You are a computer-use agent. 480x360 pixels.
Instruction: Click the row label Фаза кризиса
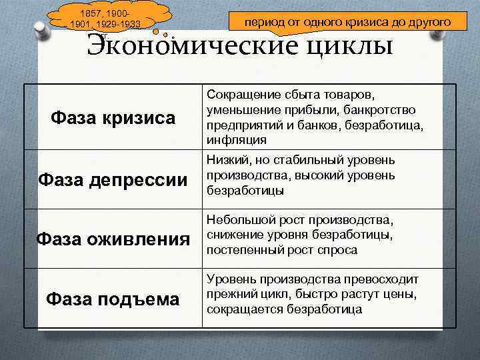click(x=113, y=118)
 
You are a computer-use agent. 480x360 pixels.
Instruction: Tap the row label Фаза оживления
click(x=113, y=238)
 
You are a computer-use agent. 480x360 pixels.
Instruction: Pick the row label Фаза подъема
click(x=113, y=299)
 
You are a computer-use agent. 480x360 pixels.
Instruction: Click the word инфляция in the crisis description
click(x=237, y=140)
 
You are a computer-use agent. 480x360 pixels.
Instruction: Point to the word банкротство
click(x=382, y=109)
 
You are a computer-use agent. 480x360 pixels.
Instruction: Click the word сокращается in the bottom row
click(x=245, y=309)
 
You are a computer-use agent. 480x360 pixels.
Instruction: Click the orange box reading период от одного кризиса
click(x=347, y=22)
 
